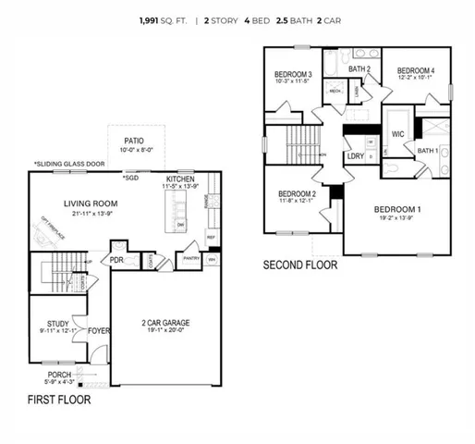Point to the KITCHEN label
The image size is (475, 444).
179,179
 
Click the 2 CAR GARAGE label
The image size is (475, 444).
164,323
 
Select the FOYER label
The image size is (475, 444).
99,328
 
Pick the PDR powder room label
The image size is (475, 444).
117,260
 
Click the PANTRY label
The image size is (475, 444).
190,260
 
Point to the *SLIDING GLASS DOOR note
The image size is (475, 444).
69,163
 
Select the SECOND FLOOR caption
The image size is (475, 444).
300,265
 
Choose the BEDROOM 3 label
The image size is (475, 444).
292,75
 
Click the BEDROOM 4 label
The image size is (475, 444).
415,70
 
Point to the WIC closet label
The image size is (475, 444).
398,134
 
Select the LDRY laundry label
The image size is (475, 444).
356,156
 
